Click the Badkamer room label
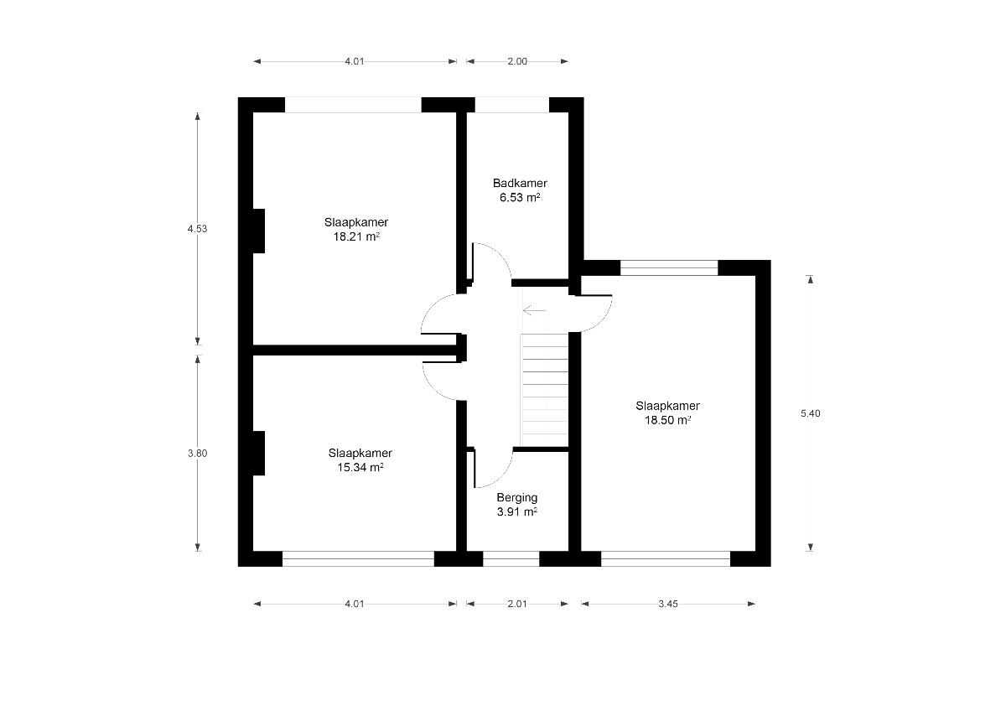click(x=520, y=184)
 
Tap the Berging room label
click(x=517, y=498)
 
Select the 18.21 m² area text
click(x=356, y=236)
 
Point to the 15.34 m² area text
click(x=360, y=468)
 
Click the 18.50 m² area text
click(x=668, y=420)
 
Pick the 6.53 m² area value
click(x=520, y=198)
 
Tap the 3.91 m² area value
click(x=517, y=512)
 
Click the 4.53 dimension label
click(x=198, y=229)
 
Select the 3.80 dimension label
click(x=198, y=454)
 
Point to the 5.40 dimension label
click(x=810, y=413)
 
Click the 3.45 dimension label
click(x=668, y=604)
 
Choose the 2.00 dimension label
click(x=517, y=61)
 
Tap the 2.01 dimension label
click(x=517, y=604)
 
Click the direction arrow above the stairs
click(x=534, y=310)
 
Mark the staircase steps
click(x=544, y=390)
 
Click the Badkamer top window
click(x=512, y=105)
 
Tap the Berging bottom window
click(x=511, y=558)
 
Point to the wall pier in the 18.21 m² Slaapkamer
click(x=259, y=231)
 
